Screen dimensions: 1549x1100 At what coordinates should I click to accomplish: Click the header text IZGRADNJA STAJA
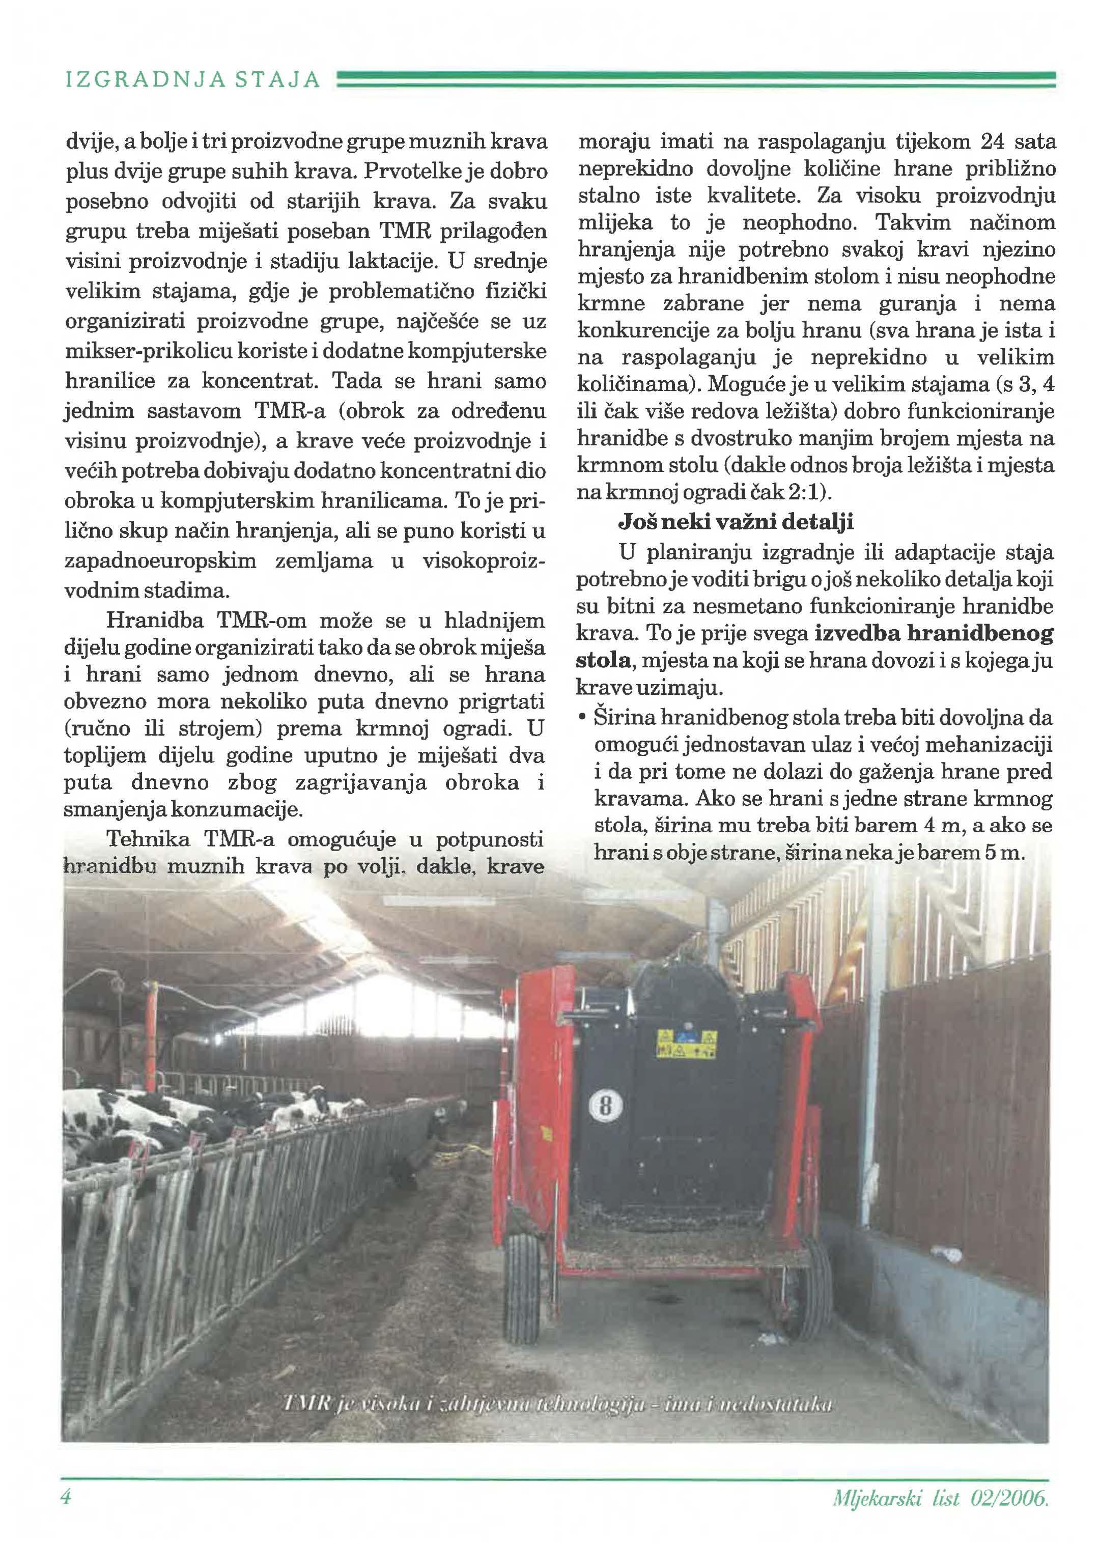pos(192,80)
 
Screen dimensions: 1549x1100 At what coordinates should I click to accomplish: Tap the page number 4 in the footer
pos(66,1496)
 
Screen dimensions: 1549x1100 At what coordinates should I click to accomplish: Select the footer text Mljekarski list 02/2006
pos(940,1497)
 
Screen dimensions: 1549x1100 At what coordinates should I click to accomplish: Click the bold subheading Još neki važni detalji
pos(736,522)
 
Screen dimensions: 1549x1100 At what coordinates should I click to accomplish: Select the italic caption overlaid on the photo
pos(558,1403)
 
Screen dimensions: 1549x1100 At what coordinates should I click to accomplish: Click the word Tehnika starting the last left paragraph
pos(148,839)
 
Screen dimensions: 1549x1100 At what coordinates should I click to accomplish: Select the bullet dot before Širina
pos(582,718)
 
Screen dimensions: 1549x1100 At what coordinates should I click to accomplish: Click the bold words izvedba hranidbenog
pos(934,633)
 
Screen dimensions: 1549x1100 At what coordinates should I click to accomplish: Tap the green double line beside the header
pos(696,80)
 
